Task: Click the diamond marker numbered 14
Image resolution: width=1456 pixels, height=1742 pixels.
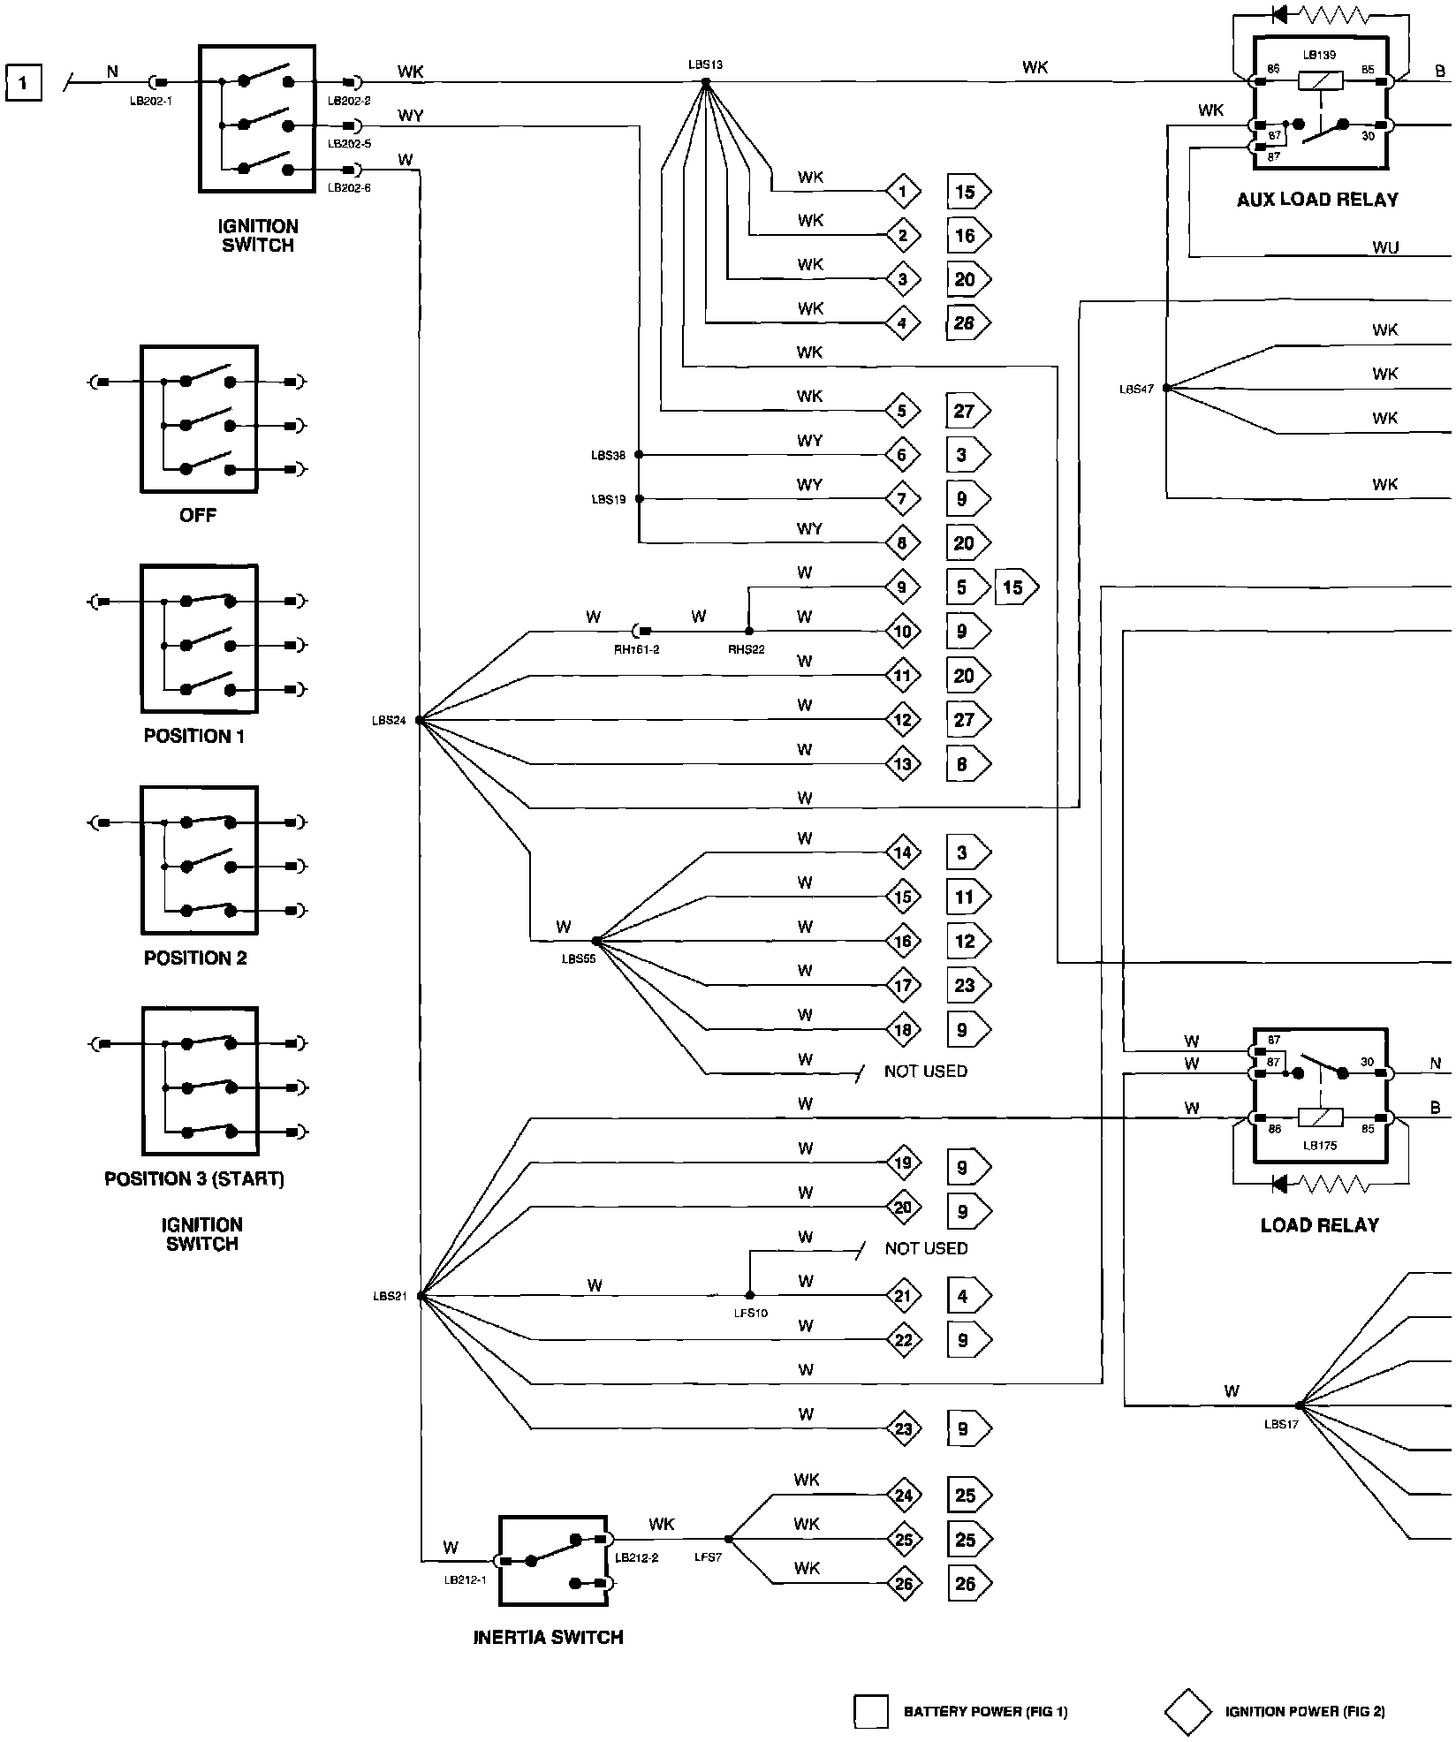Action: point(902,852)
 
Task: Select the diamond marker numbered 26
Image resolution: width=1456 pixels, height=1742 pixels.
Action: point(903,1584)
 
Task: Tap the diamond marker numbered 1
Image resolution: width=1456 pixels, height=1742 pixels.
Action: point(902,191)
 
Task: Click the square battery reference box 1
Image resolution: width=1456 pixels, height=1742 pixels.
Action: point(23,83)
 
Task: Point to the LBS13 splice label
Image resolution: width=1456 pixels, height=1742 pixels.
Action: point(706,64)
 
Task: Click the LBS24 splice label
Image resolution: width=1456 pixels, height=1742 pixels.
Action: point(389,721)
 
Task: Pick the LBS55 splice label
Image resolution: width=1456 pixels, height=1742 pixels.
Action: point(579,958)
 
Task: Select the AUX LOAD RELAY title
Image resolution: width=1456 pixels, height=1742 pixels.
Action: point(1317,200)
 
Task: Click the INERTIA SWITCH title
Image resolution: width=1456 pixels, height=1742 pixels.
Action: point(549,1637)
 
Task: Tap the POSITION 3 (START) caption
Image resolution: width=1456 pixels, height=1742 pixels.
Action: point(194,1179)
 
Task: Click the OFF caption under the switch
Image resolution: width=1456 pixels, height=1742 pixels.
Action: point(198,515)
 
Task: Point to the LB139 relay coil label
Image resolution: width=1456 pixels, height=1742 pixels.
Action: point(1319,55)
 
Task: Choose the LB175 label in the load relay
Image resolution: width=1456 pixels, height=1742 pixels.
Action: point(1320,1145)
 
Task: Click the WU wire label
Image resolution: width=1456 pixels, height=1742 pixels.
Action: point(1385,247)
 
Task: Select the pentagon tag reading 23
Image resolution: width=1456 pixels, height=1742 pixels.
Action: point(968,985)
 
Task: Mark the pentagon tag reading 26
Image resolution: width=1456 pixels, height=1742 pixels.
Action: point(968,1584)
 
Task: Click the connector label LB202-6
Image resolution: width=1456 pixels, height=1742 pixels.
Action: point(349,187)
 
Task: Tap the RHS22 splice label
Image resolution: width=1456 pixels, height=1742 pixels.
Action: point(746,649)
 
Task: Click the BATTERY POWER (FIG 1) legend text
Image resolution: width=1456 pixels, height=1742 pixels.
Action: point(985,1712)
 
